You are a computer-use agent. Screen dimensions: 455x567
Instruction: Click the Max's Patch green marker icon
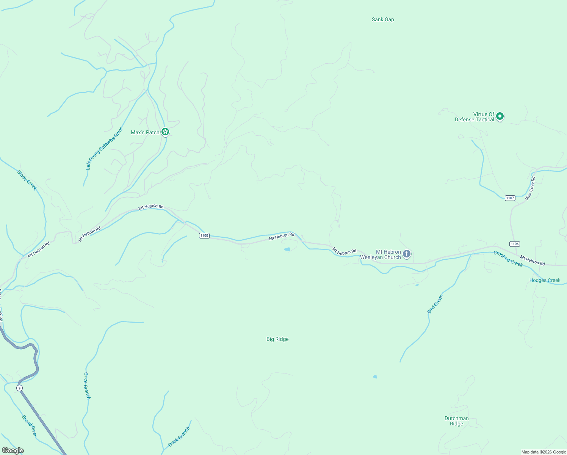(165, 132)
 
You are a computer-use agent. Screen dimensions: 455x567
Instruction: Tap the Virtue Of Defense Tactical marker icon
(500, 116)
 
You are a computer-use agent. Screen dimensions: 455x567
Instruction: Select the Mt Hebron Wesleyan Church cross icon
(407, 254)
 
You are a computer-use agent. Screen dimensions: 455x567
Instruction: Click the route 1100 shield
(204, 235)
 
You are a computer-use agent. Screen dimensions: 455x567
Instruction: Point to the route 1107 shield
(510, 198)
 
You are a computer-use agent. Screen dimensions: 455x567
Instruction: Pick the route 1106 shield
(514, 244)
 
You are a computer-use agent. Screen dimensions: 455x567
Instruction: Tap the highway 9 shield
(19, 388)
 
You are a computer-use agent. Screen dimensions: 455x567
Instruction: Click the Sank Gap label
(383, 19)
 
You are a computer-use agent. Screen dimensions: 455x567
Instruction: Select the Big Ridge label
(277, 339)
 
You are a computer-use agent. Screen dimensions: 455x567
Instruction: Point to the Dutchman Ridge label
(457, 421)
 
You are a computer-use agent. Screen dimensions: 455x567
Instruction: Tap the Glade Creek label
(27, 180)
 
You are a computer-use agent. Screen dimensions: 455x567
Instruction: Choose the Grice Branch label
(87, 386)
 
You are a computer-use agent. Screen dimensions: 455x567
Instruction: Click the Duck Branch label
(179, 436)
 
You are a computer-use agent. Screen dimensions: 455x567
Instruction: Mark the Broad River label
(29, 426)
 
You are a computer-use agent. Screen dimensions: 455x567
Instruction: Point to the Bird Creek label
(435, 304)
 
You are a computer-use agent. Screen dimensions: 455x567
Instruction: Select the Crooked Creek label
(508, 259)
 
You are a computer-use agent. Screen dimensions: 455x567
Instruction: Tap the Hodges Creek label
(545, 280)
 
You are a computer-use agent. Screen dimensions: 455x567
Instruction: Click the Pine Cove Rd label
(530, 188)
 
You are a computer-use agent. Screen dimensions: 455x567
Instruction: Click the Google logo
(13, 450)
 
